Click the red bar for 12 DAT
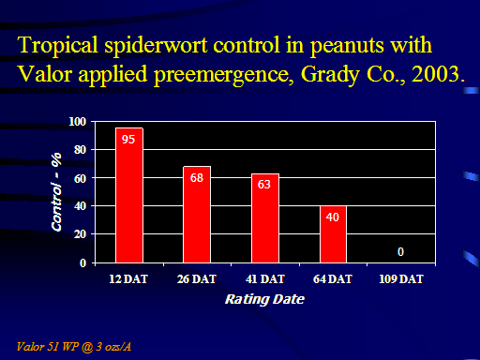pyautogui.click(x=129, y=195)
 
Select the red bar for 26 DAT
pyautogui.click(x=197, y=215)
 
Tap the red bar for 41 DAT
pyautogui.click(x=265, y=218)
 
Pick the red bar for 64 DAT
pyautogui.click(x=333, y=234)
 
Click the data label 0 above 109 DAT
pyautogui.click(x=400, y=251)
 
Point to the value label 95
pyautogui.click(x=128, y=140)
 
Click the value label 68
pyautogui.click(x=197, y=178)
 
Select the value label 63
pyautogui.click(x=264, y=185)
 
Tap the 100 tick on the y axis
pyautogui.click(x=77, y=122)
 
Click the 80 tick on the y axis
pyautogui.click(x=81, y=150)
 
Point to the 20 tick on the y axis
pyautogui.click(x=81, y=234)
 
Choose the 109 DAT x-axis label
pyautogui.click(x=401, y=279)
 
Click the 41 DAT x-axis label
pyautogui.click(x=265, y=279)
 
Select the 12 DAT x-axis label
pyautogui.click(x=128, y=279)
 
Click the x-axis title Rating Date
pyautogui.click(x=264, y=299)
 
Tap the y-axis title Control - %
pyautogui.click(x=56, y=192)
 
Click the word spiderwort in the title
pyautogui.click(x=156, y=46)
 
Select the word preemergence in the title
pyautogui.click(x=224, y=76)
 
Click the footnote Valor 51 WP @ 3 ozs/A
pyautogui.click(x=74, y=347)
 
